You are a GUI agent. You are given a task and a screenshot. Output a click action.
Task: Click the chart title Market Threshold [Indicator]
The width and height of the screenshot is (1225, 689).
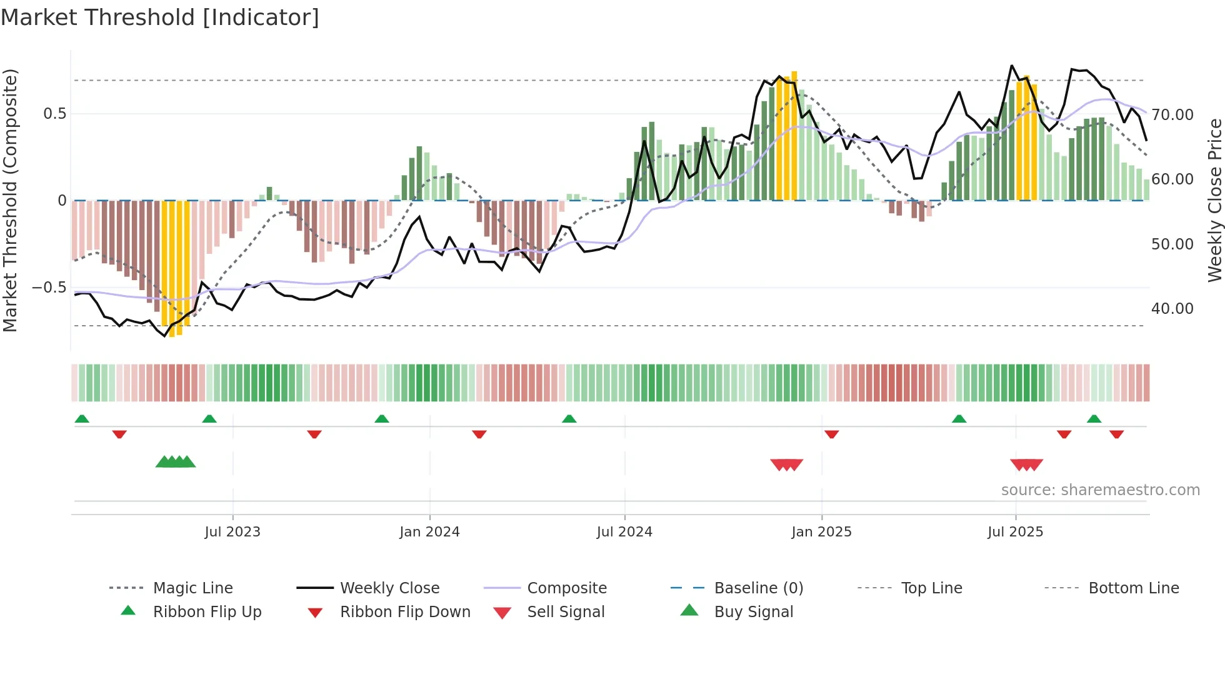click(160, 18)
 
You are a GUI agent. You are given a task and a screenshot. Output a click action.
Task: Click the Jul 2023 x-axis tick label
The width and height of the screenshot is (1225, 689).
click(232, 532)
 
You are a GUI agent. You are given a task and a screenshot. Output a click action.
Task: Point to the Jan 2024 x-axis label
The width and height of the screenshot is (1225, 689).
click(429, 532)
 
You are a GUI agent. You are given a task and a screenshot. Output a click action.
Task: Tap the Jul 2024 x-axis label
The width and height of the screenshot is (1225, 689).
click(624, 532)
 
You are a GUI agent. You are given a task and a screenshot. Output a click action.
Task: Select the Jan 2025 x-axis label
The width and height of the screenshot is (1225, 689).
click(821, 532)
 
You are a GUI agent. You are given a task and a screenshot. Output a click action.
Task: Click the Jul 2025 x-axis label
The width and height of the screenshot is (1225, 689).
click(1016, 532)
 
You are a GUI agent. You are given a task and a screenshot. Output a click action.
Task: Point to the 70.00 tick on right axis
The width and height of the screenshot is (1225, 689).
click(1172, 115)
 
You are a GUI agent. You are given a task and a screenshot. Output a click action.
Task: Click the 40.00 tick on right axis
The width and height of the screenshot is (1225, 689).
click(1172, 309)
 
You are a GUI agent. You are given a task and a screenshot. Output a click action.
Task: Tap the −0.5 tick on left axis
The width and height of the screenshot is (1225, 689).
click(49, 288)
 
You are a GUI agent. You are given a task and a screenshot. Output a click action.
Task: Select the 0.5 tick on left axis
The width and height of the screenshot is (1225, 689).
click(54, 114)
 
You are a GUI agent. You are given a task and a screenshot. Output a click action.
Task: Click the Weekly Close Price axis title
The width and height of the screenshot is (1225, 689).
click(1214, 200)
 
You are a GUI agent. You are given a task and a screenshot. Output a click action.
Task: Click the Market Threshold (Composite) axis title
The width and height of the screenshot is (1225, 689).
click(10, 200)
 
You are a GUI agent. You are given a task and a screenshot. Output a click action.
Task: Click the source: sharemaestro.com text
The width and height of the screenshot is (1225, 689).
click(1100, 490)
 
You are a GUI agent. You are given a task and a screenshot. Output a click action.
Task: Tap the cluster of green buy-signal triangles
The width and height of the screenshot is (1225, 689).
click(176, 462)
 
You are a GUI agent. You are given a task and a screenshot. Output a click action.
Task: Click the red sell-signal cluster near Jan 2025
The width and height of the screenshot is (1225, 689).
click(786, 465)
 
